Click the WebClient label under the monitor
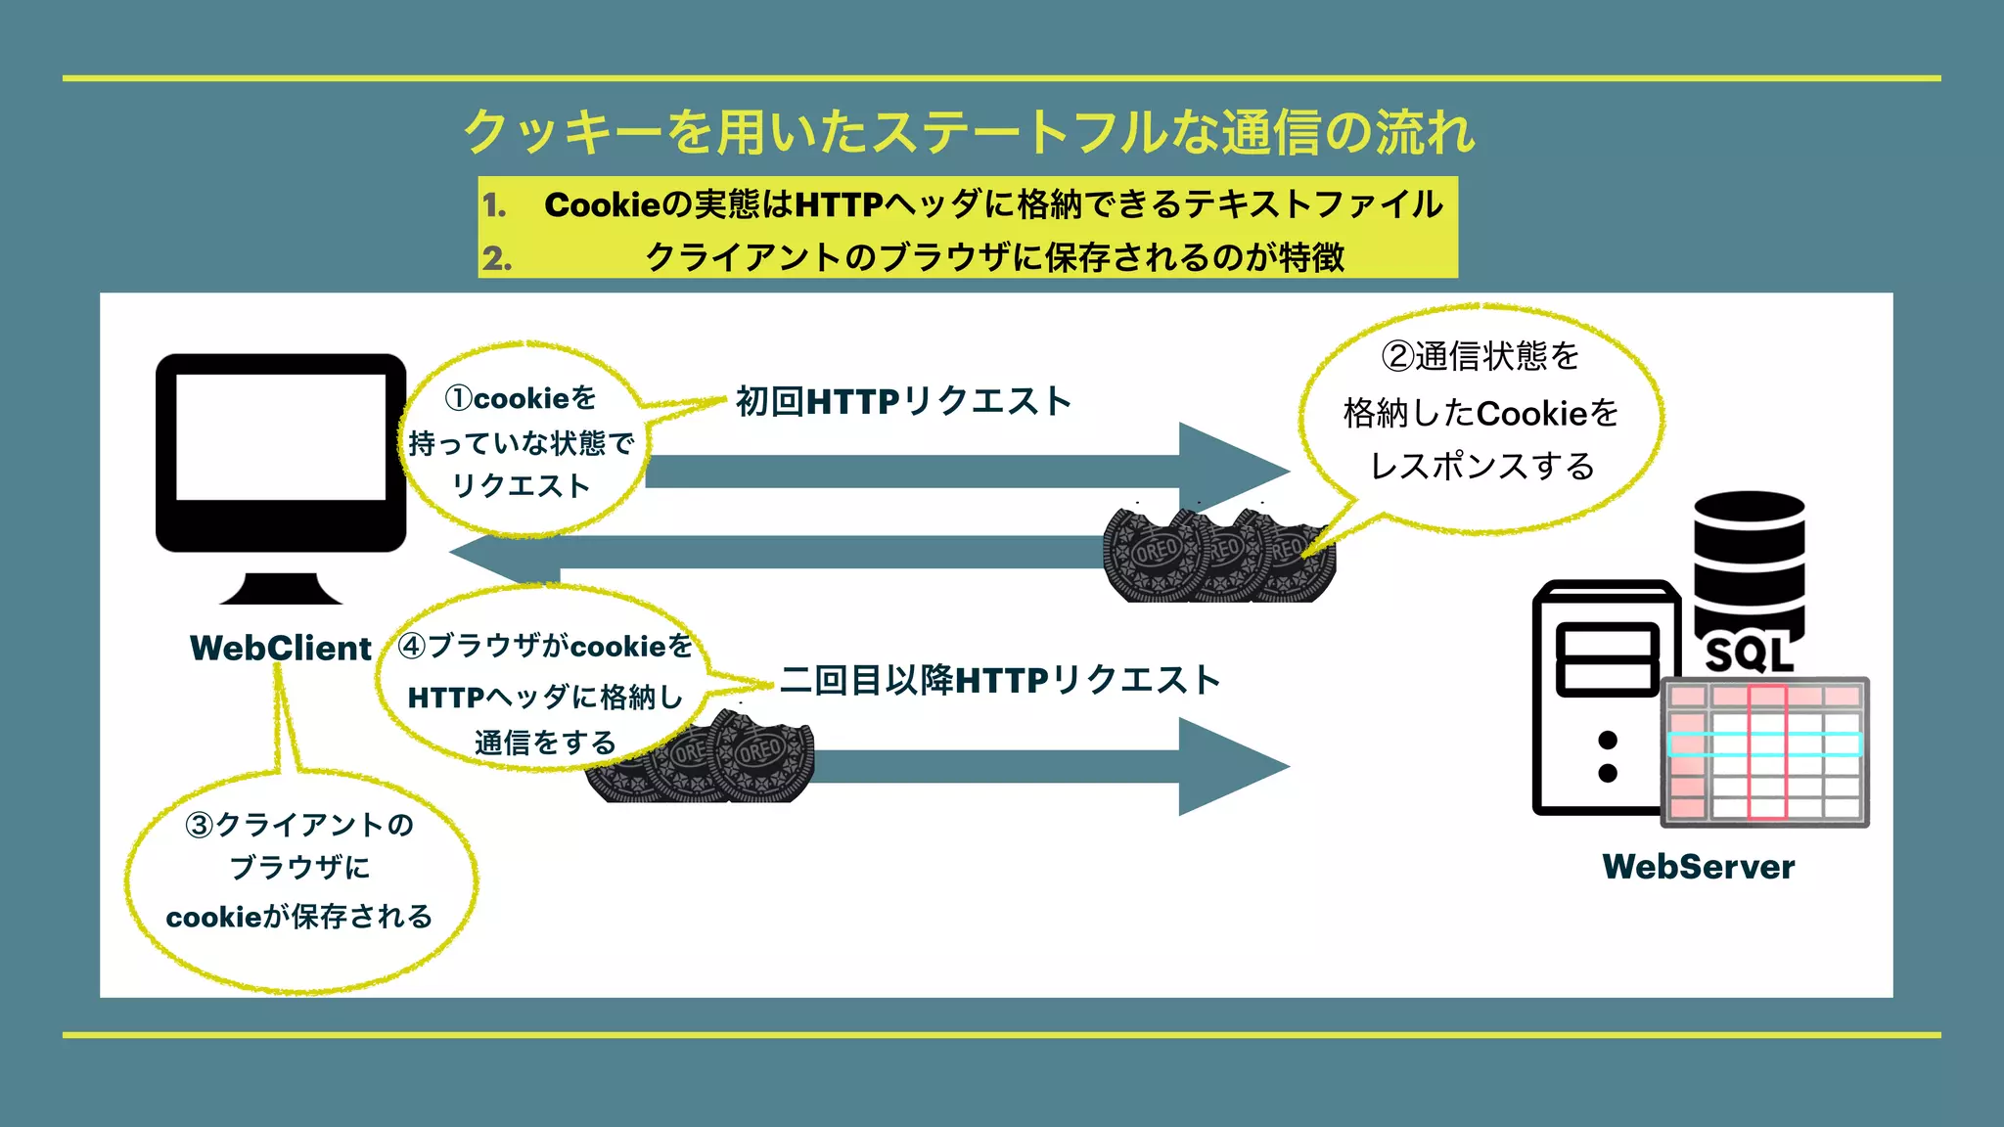(x=281, y=648)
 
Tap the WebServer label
(x=1698, y=867)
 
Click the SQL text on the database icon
(x=1749, y=654)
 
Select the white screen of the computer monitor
(x=281, y=436)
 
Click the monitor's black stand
(x=281, y=588)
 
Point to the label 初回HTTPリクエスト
(x=903, y=401)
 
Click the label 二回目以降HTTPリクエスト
(x=1000, y=680)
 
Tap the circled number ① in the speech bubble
(x=458, y=398)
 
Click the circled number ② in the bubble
(x=1397, y=356)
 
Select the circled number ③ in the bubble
(x=199, y=825)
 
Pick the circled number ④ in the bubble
(x=412, y=646)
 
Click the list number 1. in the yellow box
(x=495, y=205)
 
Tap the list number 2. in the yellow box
(x=497, y=258)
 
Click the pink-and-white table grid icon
(x=1765, y=751)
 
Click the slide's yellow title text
(x=969, y=132)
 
